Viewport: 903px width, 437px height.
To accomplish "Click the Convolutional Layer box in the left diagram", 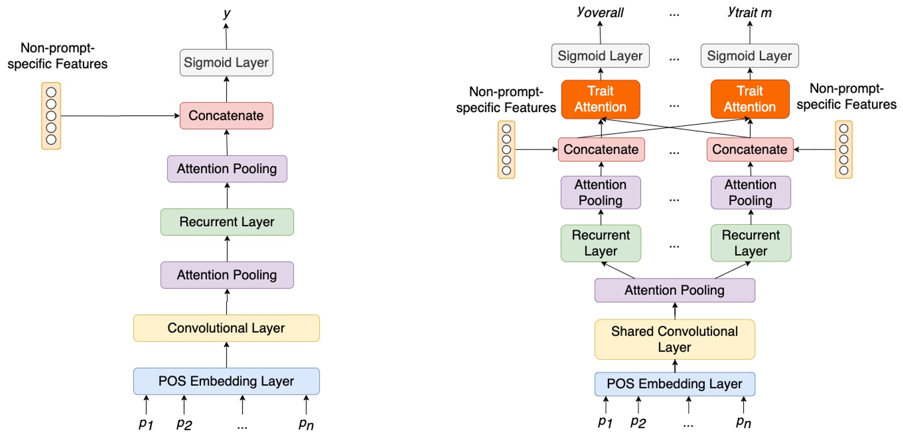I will tap(226, 328).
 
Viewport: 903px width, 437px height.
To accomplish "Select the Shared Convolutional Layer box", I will tap(675, 340).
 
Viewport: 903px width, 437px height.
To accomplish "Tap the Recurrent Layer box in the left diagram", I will tap(227, 222).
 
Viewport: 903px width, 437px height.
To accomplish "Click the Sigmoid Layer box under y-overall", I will tap(600, 56).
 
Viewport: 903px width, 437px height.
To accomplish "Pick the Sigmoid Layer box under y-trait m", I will tap(749, 56).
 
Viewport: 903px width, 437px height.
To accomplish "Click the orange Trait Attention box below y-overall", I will tap(600, 99).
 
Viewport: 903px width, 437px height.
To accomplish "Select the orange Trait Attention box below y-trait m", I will tap(750, 99).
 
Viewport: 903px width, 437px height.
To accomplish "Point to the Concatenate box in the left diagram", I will tap(226, 116).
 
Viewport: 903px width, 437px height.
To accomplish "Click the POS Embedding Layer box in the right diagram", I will tap(675, 384).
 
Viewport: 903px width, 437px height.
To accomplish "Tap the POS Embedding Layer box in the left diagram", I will tap(226, 381).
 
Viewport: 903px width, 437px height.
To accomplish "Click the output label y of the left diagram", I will tap(227, 12).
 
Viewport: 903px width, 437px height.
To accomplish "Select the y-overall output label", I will tap(600, 12).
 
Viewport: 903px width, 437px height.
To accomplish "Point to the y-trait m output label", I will tap(749, 12).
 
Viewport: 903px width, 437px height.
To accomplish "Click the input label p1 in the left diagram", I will tap(146, 423).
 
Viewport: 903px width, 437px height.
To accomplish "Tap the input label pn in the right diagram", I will tap(743, 422).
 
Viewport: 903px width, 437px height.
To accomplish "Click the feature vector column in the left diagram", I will tap(51, 116).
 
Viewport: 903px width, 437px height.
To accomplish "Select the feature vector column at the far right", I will tap(843, 149).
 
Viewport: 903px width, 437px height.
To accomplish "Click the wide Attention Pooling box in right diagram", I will tap(675, 290).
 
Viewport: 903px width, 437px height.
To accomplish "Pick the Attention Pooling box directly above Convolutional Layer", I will tap(227, 275).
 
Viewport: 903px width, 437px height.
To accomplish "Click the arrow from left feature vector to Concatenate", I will tap(119, 116).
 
